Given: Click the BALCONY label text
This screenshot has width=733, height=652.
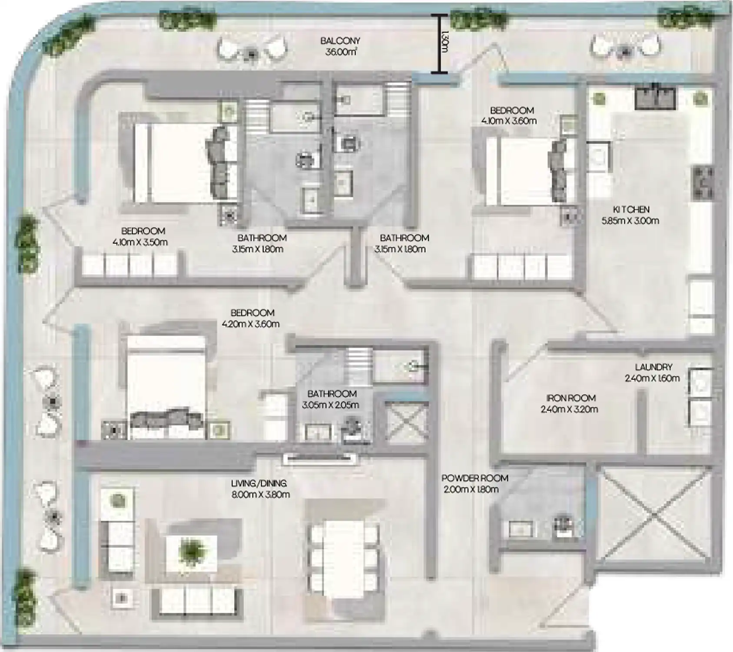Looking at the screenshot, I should pos(340,41).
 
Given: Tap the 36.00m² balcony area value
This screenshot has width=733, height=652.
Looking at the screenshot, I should pos(341,52).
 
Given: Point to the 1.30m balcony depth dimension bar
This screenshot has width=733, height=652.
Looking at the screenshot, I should pos(440,43).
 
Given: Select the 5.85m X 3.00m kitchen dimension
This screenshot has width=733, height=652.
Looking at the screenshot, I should pos(630,221).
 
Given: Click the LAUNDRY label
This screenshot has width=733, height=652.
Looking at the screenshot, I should pos(653,367).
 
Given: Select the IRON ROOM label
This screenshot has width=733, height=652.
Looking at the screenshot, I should pos(570,398).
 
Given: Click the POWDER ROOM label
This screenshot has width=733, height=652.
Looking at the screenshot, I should pos(474,478).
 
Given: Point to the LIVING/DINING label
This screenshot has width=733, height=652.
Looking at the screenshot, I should pos(259,483).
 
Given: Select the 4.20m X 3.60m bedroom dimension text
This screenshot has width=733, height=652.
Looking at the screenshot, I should pos(250,324).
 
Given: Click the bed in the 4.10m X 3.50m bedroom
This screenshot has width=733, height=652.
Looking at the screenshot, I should pos(174,163).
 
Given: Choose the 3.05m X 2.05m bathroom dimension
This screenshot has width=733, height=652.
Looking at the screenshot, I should pos(330,405).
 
